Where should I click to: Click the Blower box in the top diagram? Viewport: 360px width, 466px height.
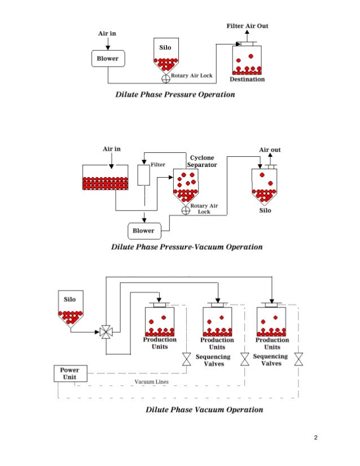tap(108, 58)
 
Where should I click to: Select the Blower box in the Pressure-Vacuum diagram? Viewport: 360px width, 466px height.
tap(143, 230)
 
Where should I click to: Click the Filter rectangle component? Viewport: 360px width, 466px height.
tap(143, 174)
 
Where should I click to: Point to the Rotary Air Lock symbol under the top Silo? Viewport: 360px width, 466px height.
tap(166, 78)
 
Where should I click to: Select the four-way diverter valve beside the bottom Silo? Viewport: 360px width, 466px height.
tap(106, 332)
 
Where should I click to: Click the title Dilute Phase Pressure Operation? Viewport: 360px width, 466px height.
tap(175, 94)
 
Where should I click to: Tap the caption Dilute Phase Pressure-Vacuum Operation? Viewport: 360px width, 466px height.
tap(187, 247)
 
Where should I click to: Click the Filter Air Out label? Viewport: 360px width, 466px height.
tap(247, 26)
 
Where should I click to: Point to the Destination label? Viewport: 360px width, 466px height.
tap(247, 79)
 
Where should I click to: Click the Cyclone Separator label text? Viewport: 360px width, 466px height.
tap(202, 162)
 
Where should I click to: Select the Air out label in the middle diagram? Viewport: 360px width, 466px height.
tap(270, 150)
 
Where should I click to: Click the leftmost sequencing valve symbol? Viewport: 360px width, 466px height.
tap(186, 359)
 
